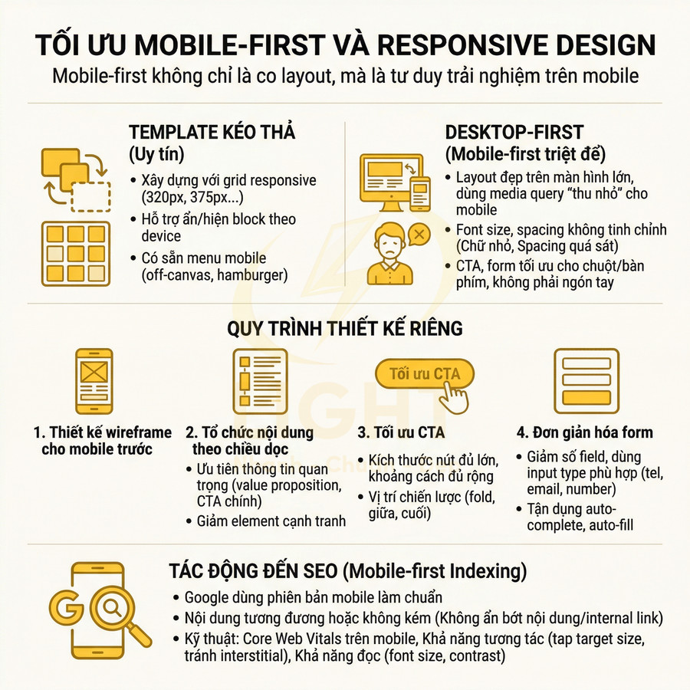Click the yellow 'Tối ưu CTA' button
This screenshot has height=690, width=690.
tap(424, 374)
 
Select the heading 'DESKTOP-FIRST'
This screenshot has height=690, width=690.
tap(514, 131)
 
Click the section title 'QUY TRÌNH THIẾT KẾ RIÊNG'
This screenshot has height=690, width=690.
tap(345, 328)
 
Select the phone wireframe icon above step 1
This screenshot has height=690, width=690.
tap(94, 381)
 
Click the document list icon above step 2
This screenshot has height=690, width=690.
tap(258, 381)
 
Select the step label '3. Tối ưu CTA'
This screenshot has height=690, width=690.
tap(401, 432)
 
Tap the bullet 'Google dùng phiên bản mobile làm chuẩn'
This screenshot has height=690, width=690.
tap(314, 597)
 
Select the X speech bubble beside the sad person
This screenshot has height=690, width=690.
tap(419, 233)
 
